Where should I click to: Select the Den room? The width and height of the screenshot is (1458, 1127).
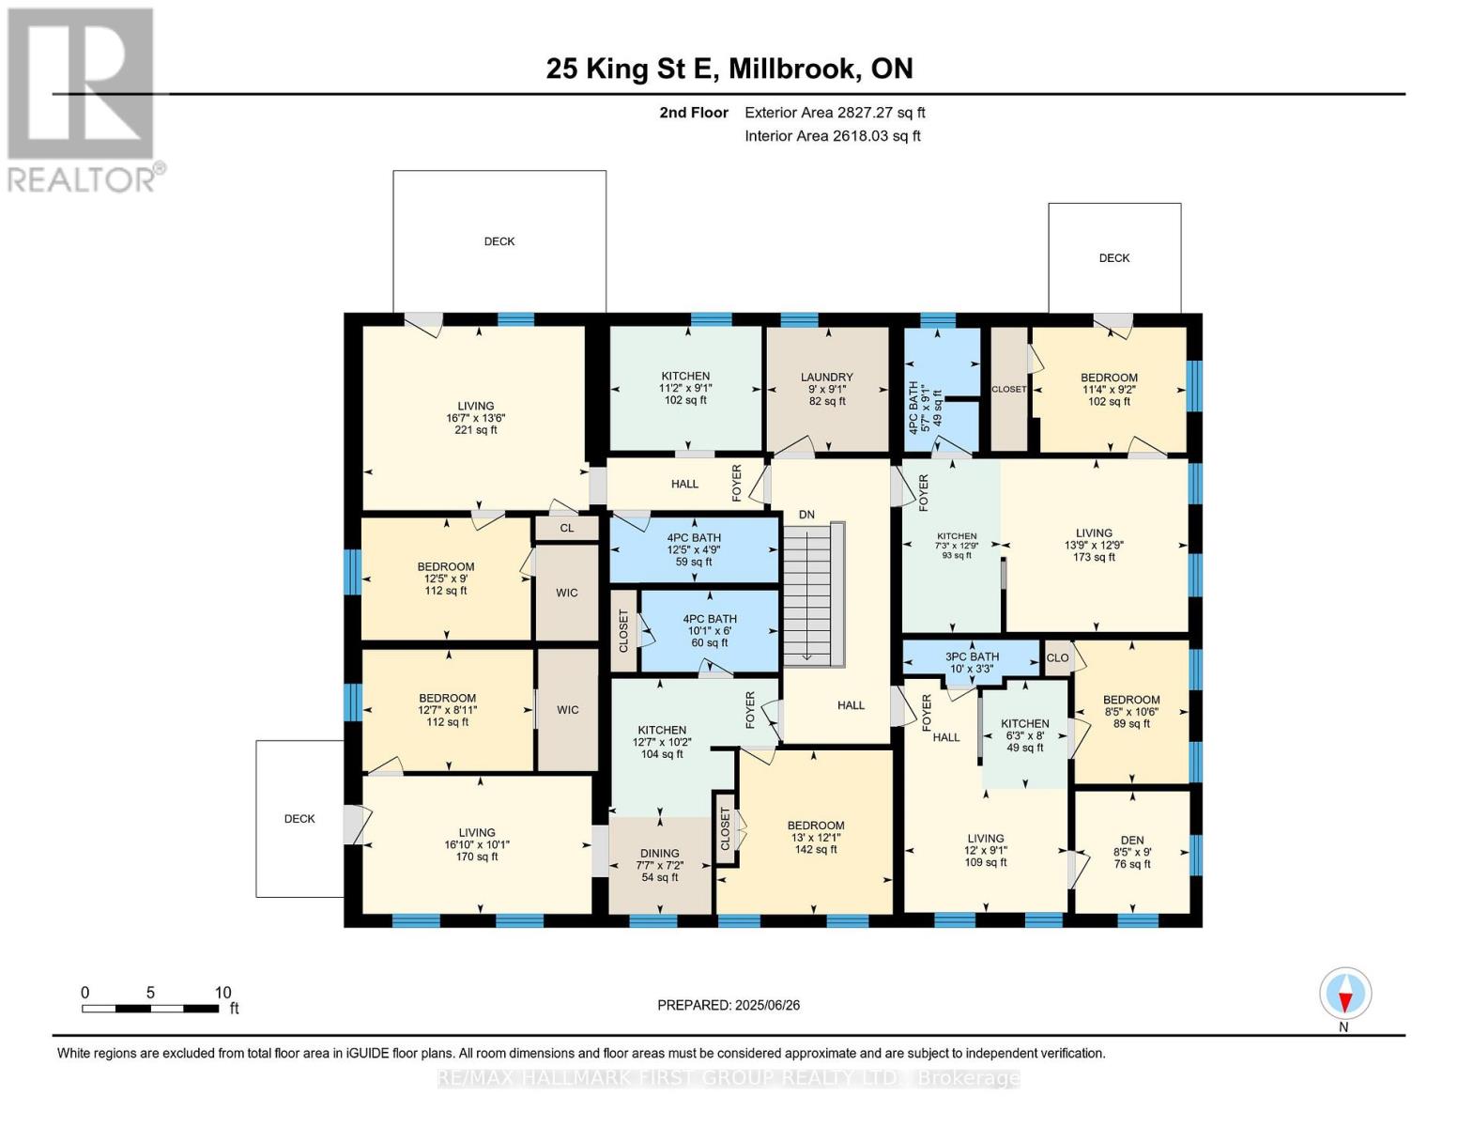click(1131, 852)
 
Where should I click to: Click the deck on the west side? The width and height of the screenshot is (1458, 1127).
click(299, 818)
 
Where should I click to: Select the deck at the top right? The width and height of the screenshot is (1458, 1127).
click(1114, 257)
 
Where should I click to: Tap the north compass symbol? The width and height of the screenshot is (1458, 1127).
click(1345, 994)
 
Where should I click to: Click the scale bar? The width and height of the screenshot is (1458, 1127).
click(150, 1009)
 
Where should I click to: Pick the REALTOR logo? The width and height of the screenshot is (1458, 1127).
click(82, 99)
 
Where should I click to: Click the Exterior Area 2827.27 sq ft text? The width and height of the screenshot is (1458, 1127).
click(835, 113)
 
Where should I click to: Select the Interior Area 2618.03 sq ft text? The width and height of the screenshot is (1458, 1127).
click(832, 136)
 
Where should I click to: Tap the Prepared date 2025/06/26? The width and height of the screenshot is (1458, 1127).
click(729, 1005)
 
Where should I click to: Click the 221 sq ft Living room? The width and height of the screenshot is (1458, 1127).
click(476, 418)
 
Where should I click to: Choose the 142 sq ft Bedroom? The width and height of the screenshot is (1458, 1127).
click(815, 837)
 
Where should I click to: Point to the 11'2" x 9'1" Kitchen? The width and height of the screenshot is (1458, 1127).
click(685, 387)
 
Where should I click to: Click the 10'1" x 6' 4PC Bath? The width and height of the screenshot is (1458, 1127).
click(709, 630)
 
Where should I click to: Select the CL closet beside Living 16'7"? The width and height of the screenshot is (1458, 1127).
click(566, 528)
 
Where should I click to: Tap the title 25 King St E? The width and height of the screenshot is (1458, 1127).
click(729, 69)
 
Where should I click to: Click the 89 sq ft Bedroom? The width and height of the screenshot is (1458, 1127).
click(1130, 711)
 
